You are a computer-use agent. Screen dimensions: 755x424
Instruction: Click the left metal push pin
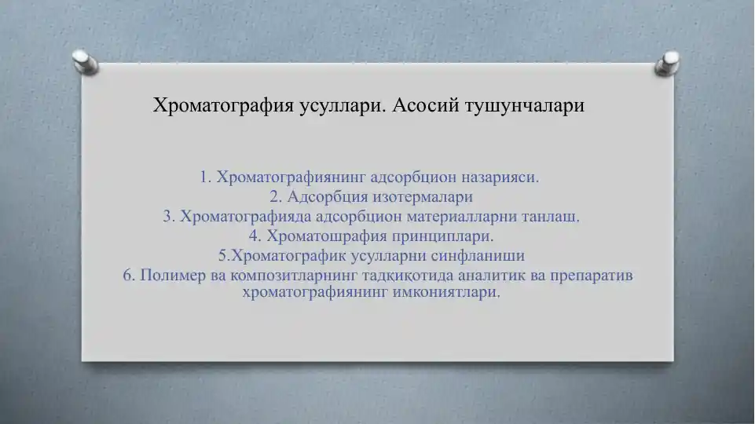(x=85, y=61)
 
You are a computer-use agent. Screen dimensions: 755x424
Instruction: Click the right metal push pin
(x=667, y=63)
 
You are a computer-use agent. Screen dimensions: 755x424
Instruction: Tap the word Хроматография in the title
(x=223, y=105)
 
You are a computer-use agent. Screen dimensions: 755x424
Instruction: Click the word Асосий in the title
(x=426, y=105)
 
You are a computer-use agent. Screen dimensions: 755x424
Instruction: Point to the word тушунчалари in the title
(x=525, y=106)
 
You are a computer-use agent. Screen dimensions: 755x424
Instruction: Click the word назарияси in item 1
(x=500, y=178)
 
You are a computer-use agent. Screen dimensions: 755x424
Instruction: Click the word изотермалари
(x=423, y=198)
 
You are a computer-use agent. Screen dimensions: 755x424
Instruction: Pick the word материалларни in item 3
(x=462, y=217)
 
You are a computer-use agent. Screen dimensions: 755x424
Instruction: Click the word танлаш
(x=551, y=217)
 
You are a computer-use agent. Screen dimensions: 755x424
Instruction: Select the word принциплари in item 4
(x=442, y=237)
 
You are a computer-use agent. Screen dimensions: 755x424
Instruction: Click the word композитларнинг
(x=294, y=276)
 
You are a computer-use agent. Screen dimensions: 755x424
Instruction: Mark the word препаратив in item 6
(x=592, y=276)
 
